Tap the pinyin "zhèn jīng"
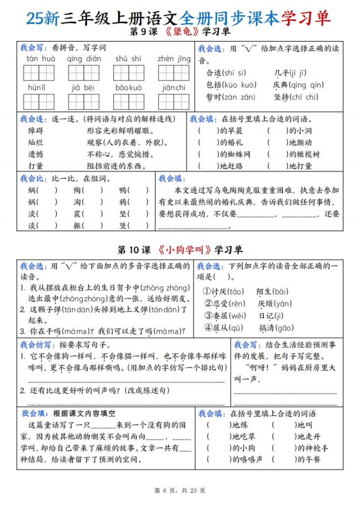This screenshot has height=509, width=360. tap(174, 59)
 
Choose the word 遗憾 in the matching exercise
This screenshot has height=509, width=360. tap(36, 154)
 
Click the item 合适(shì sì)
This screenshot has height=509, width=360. tap(226, 73)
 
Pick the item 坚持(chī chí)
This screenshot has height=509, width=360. tap(296, 97)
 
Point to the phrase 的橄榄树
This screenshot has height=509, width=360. tap(304, 154)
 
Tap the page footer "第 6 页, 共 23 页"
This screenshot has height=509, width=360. tap(180, 490)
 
